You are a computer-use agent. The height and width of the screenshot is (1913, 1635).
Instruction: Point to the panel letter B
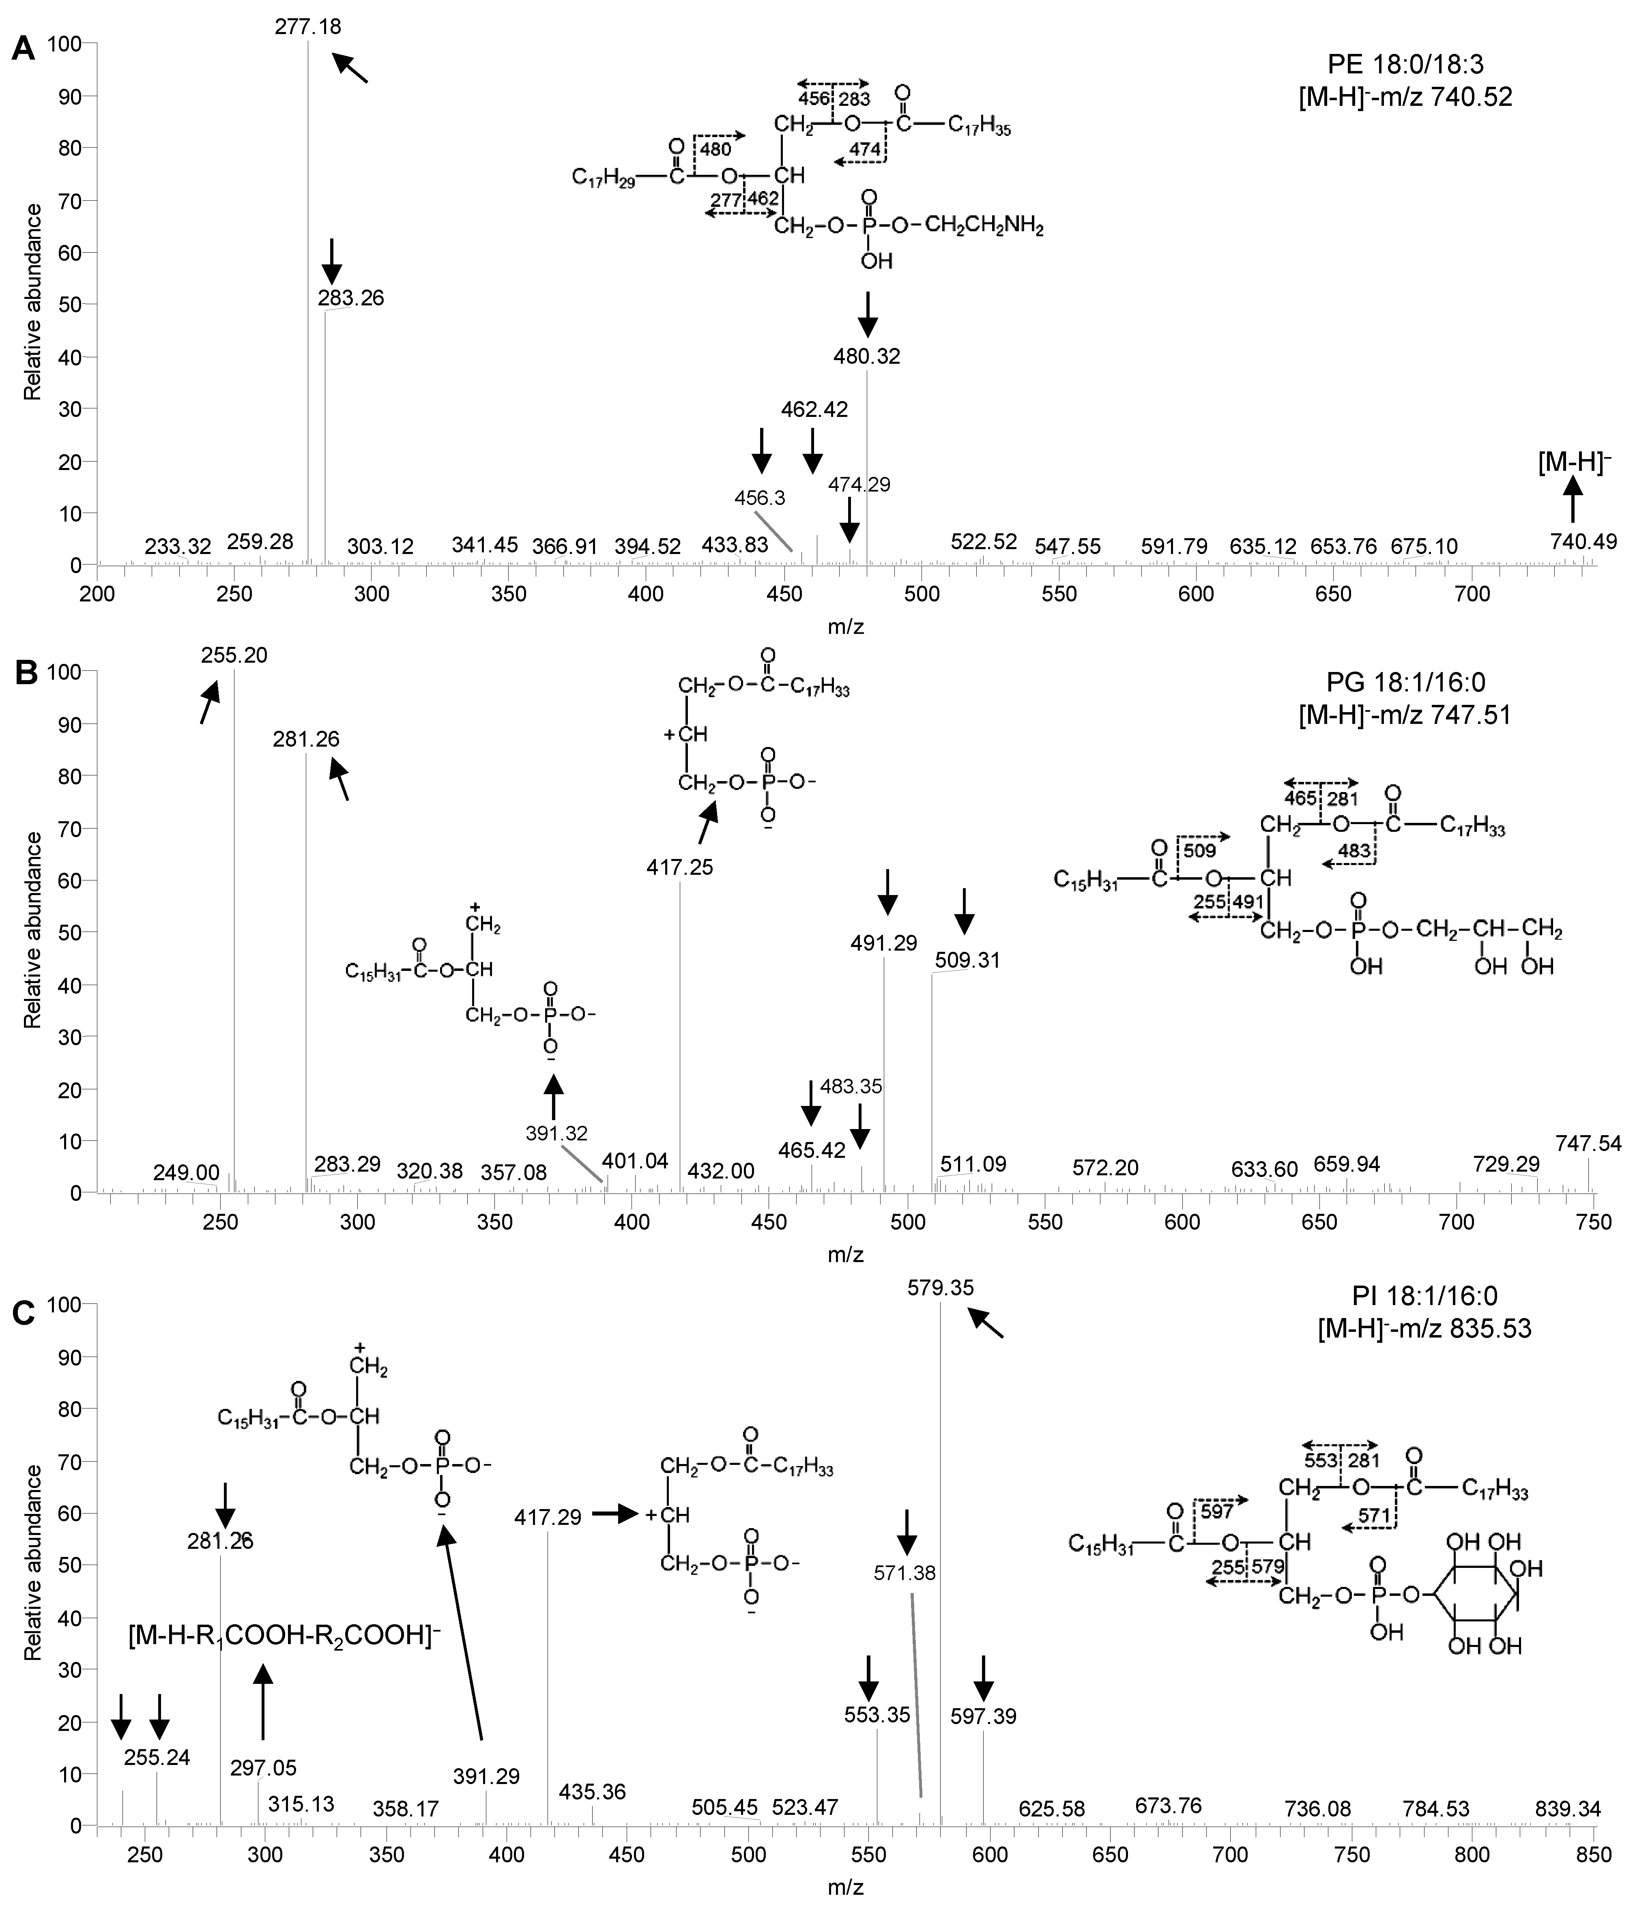24,672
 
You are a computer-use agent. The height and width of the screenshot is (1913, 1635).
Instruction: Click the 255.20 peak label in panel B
234,655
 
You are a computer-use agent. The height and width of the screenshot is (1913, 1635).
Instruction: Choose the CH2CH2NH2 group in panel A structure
986,227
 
